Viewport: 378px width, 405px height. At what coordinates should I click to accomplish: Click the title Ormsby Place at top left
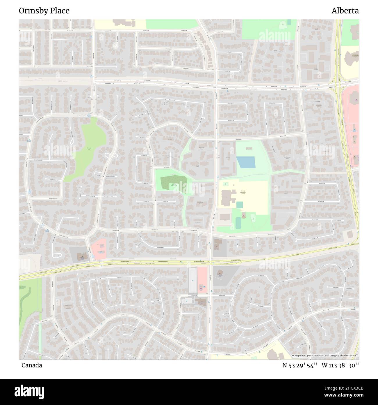pyautogui.click(x=44, y=11)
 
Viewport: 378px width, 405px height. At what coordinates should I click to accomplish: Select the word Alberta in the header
pyautogui.click(x=345, y=11)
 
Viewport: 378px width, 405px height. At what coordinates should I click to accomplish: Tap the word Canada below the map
pyautogui.click(x=31, y=365)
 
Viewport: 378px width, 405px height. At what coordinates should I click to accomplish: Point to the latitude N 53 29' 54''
pyautogui.click(x=300, y=365)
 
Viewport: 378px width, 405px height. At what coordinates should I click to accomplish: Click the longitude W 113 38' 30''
pyautogui.click(x=340, y=365)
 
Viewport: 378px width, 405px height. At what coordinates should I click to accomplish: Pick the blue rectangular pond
pyautogui.click(x=245, y=162)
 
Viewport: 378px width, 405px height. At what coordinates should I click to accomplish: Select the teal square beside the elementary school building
pyautogui.click(x=239, y=205)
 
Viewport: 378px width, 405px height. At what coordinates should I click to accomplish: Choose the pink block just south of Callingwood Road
pyautogui.click(x=202, y=279)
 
